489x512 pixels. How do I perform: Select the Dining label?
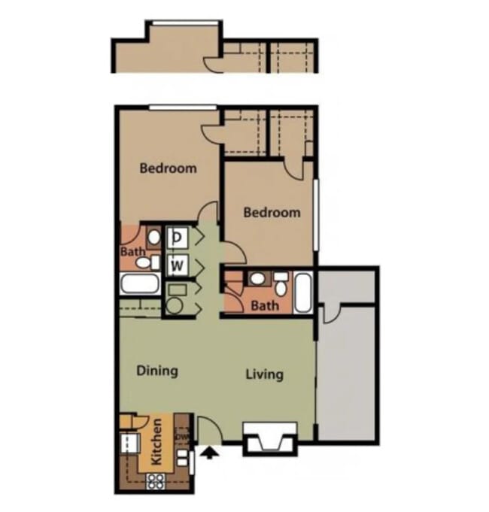click(x=157, y=371)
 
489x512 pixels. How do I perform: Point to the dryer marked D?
click(x=178, y=238)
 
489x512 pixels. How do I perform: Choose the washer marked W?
click(x=178, y=265)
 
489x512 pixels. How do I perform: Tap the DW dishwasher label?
click(x=181, y=435)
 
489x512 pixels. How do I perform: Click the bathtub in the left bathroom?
click(x=139, y=286)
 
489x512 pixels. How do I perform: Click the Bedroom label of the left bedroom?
click(x=168, y=168)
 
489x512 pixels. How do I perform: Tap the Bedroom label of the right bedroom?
click(x=272, y=213)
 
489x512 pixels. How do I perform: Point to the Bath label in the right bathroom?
click(x=264, y=306)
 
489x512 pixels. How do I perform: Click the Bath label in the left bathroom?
click(x=132, y=253)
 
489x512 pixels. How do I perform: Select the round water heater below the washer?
click(x=175, y=305)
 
